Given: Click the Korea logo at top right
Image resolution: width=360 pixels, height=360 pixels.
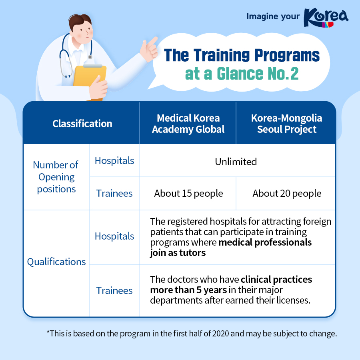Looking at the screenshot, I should tap(326, 18).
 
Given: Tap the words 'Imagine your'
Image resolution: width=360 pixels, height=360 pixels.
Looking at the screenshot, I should tap(273, 16).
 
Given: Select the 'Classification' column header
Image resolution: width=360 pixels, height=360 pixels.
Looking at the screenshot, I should tap(82, 124).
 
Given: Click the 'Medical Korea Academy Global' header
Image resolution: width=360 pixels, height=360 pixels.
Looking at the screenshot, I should tap(188, 124).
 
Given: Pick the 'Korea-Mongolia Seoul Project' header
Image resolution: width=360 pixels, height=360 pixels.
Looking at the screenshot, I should tap(286, 124).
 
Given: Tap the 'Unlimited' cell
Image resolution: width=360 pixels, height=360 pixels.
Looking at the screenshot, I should tap(236, 162).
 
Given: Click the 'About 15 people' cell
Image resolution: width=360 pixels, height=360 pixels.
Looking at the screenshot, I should tap(188, 194).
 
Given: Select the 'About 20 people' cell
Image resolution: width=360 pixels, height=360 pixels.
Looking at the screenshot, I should tap(287, 194).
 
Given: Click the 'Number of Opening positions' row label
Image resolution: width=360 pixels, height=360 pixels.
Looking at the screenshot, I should tap(56, 177).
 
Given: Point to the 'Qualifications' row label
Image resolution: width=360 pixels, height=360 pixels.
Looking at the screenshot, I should tap(56, 262).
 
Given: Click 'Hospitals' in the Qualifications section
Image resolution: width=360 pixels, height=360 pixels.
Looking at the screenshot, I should tap(114, 236).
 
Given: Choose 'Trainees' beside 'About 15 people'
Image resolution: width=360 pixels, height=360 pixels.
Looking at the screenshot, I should tap(114, 194).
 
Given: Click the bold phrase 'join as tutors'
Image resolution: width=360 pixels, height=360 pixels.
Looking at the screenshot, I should tap(178, 253).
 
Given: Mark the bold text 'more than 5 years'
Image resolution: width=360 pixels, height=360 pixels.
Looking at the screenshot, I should tap(188, 290).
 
